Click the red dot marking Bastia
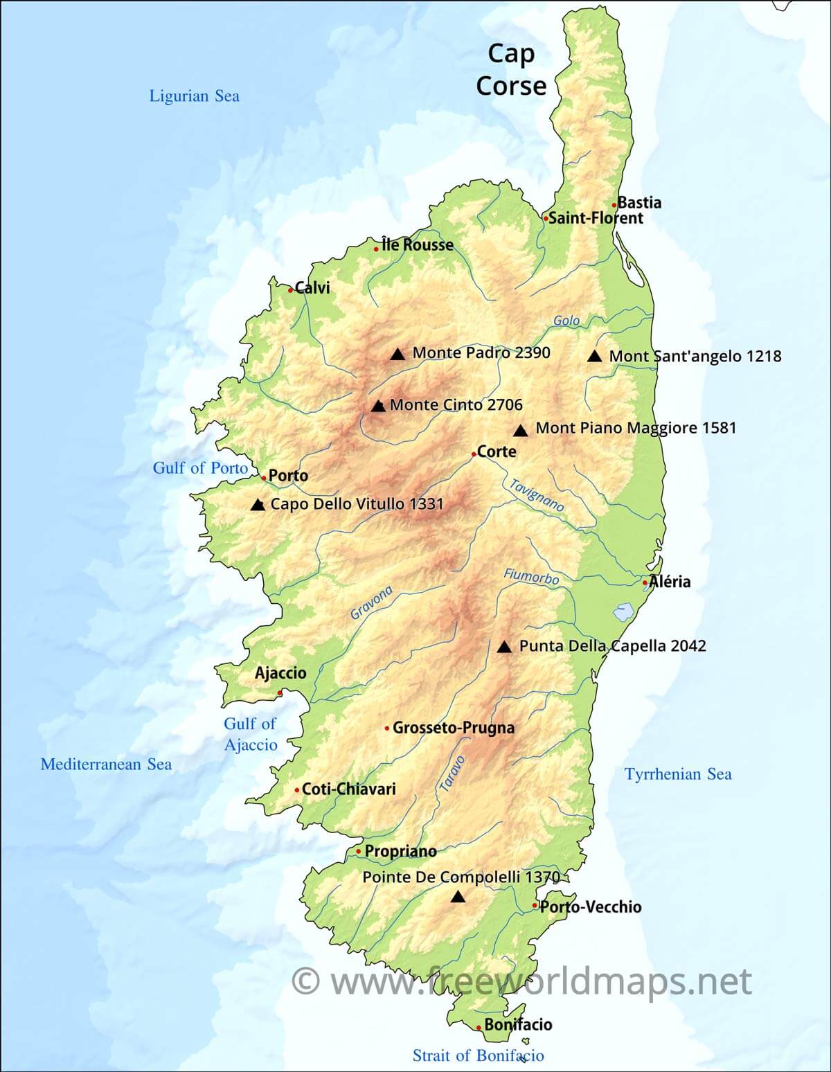tap(614, 204)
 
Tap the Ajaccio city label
tap(280, 672)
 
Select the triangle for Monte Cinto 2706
tap(378, 406)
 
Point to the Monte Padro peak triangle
tap(397, 354)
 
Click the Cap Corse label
tap(511, 69)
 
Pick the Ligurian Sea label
tap(195, 96)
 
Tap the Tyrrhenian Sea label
tap(678, 774)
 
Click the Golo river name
tap(566, 321)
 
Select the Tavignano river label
tap(537, 495)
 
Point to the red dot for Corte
tap(474, 454)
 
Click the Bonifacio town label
tap(518, 1024)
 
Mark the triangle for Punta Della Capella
tap(505, 647)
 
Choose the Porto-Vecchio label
tap(591, 906)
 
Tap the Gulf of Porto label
tap(200, 468)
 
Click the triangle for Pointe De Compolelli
tap(458, 897)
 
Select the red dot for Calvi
tap(291, 290)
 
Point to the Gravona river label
tap(372, 602)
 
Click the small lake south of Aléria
tap(624, 612)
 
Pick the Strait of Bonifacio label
tap(478, 1055)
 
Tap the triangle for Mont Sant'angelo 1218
tap(594, 356)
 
